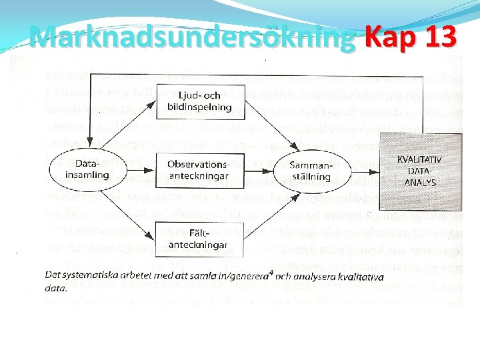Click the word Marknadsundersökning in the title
click(193, 37)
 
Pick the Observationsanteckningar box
click(198, 170)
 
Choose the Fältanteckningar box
click(198, 239)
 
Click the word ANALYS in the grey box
click(421, 182)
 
